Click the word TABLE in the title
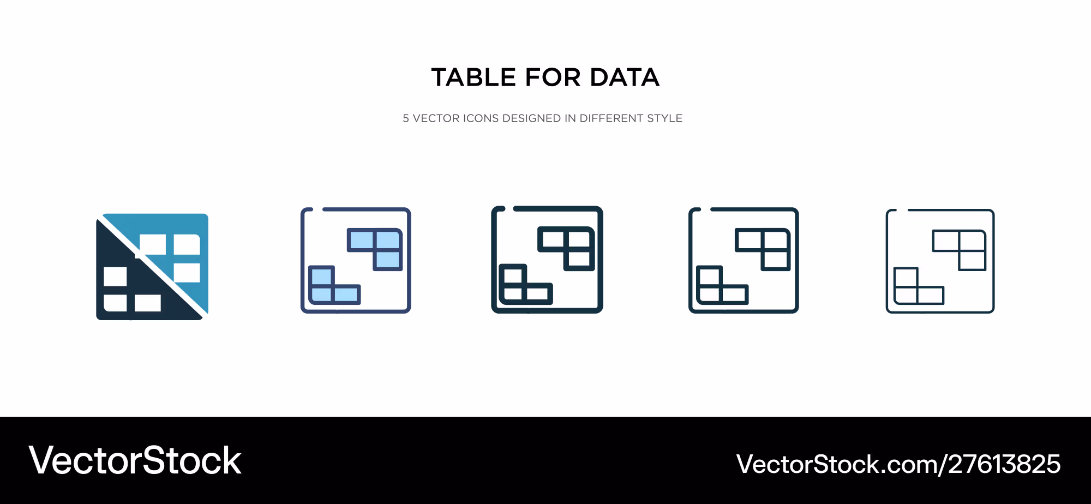(x=473, y=77)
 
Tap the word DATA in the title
(x=625, y=77)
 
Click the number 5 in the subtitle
(x=406, y=118)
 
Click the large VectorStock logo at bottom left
(x=135, y=460)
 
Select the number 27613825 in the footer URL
(x=1004, y=464)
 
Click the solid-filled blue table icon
(x=152, y=267)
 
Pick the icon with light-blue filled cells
(x=356, y=260)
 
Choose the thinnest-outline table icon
(x=940, y=261)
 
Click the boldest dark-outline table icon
(x=547, y=260)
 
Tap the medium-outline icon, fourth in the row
(x=744, y=260)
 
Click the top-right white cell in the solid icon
(x=187, y=244)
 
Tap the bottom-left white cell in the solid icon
(x=115, y=303)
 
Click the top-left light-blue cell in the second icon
(x=361, y=240)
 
